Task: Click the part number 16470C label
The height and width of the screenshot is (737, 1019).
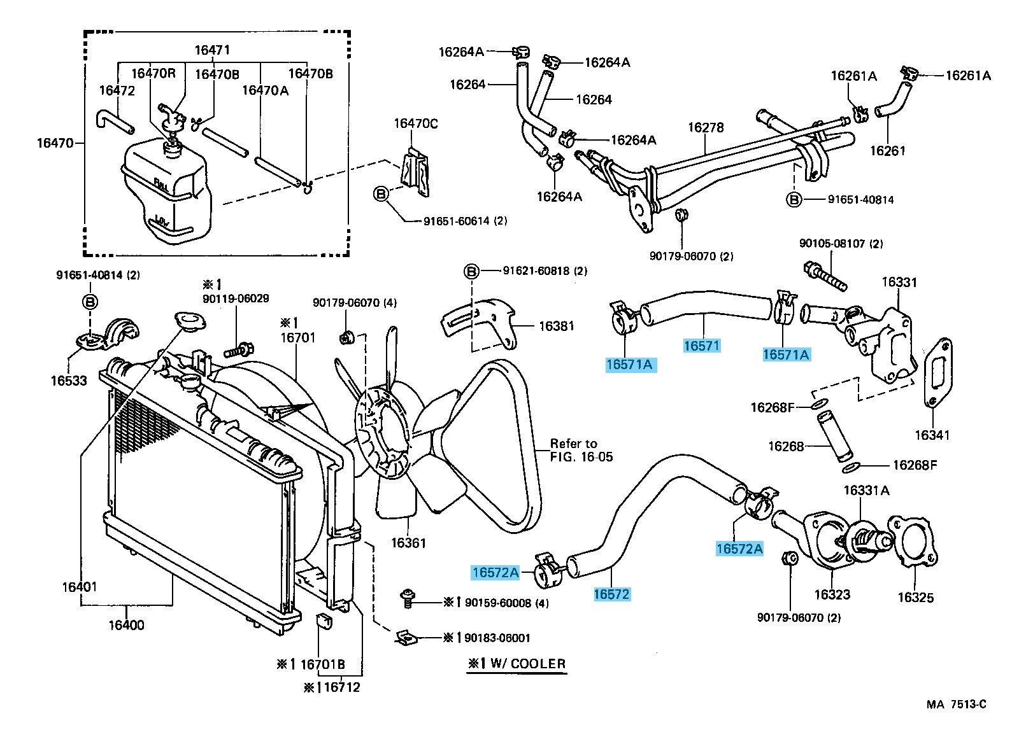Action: (x=415, y=123)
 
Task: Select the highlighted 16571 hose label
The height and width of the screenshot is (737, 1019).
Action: (x=701, y=346)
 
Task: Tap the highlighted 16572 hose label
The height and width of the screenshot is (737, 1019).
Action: (x=611, y=594)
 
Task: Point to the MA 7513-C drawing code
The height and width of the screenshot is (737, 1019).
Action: (x=956, y=704)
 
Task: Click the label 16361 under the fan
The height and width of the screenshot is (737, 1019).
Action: (x=408, y=543)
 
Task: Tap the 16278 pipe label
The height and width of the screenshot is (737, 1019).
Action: (x=706, y=127)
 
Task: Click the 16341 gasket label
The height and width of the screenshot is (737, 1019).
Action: (x=932, y=435)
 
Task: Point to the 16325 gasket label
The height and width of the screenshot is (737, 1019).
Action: (x=915, y=597)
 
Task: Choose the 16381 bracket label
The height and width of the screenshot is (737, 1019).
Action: (x=556, y=326)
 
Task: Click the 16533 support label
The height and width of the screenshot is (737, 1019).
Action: (x=69, y=381)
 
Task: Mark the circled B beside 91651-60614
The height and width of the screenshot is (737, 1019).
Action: (x=380, y=195)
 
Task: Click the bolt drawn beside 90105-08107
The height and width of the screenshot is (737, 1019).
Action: (x=825, y=275)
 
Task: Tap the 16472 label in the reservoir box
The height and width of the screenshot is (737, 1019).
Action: (x=117, y=91)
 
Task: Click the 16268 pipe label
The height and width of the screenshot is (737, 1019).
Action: (x=786, y=446)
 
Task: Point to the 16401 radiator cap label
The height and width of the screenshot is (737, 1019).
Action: (x=80, y=586)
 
